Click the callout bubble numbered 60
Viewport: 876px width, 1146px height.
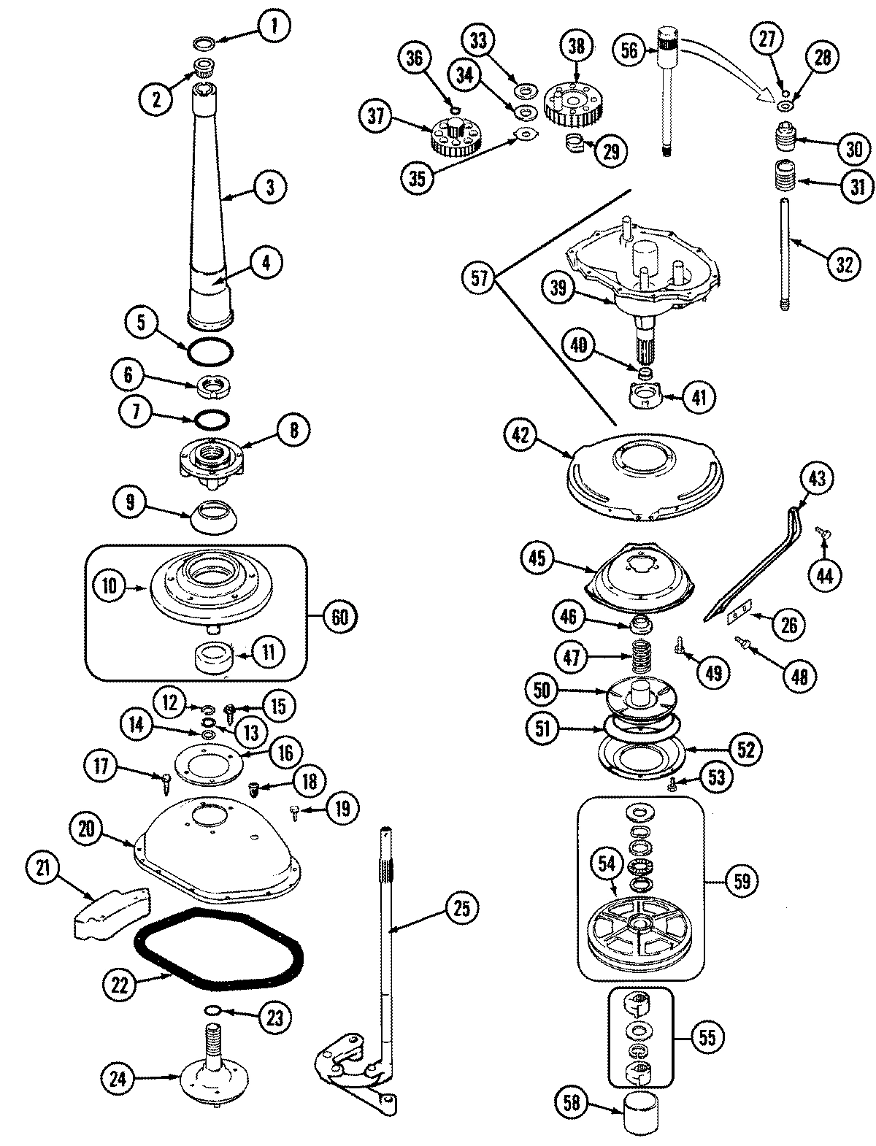click(x=339, y=616)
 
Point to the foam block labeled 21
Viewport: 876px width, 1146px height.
click(x=109, y=909)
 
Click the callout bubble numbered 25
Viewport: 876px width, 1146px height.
click(x=464, y=909)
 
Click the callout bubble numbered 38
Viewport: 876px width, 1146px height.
click(x=576, y=47)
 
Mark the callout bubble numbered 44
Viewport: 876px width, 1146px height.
click(x=823, y=575)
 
